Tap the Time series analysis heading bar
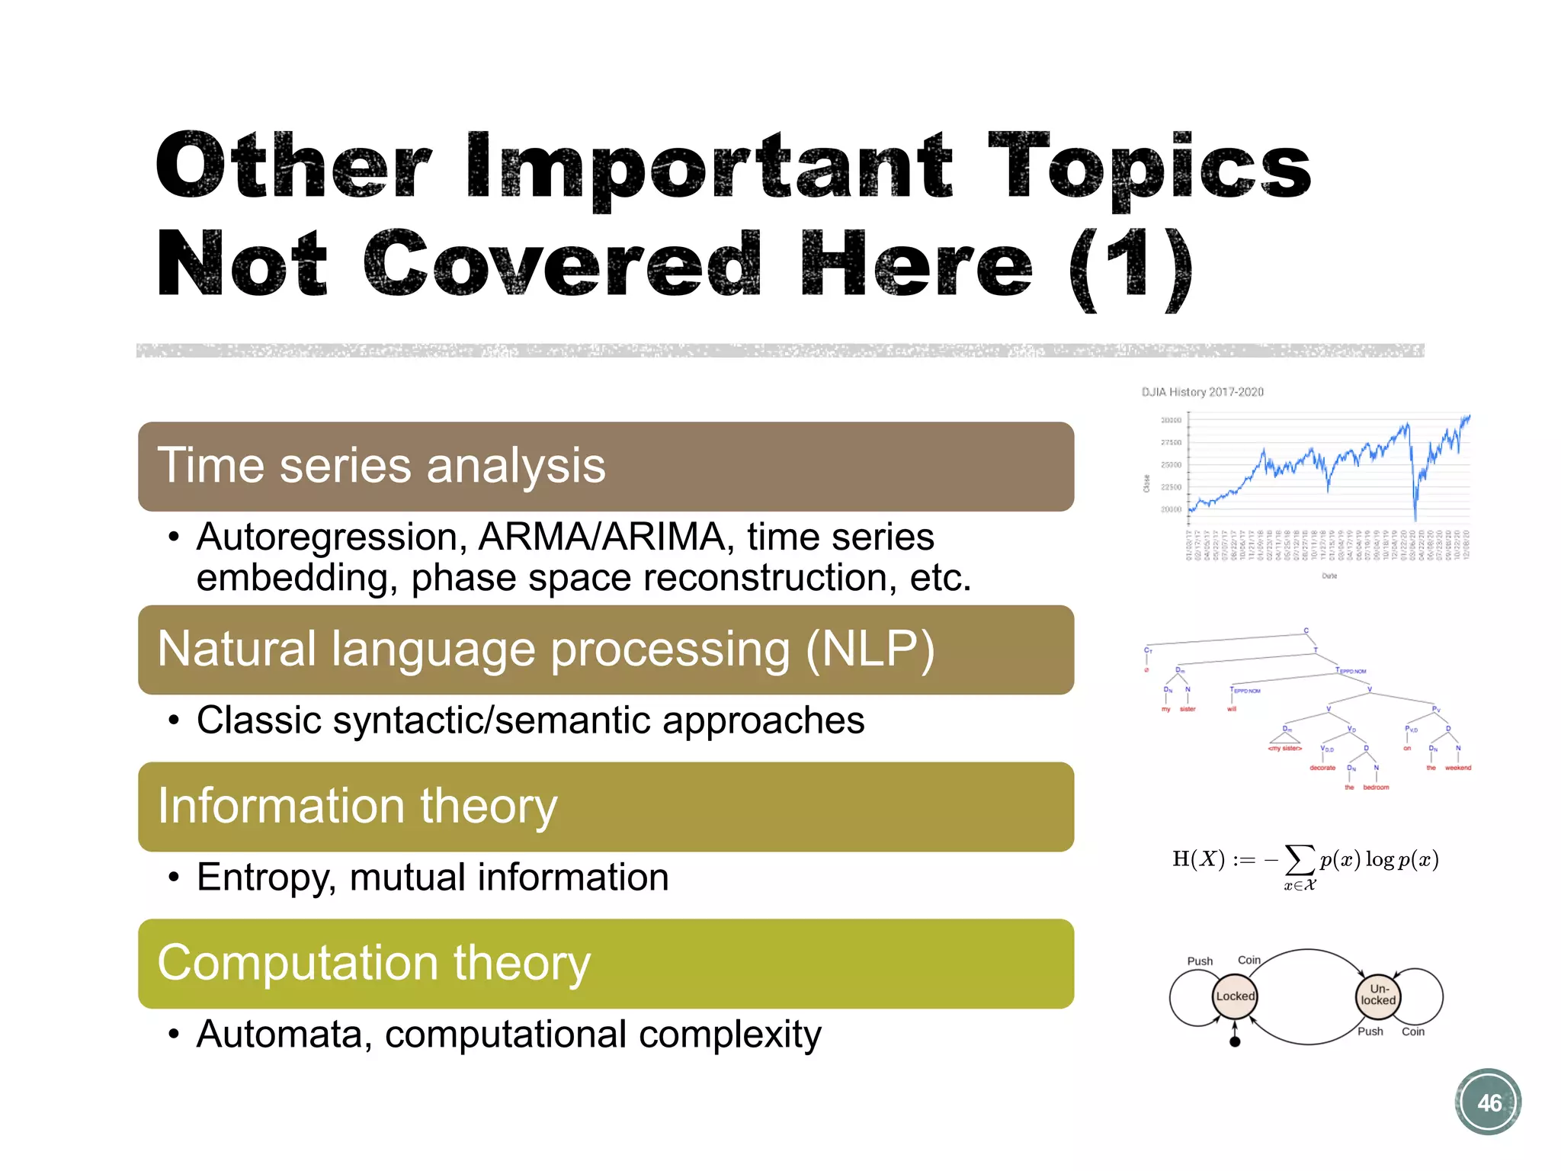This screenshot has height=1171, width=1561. click(x=605, y=467)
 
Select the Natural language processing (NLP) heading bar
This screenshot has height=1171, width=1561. click(x=605, y=650)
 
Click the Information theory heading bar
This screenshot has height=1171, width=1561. click(x=605, y=807)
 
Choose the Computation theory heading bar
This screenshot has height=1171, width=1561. click(x=605, y=964)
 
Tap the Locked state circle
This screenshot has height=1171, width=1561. click(x=1235, y=996)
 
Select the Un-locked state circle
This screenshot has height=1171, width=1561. click(x=1378, y=995)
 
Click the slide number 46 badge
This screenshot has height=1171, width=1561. click(x=1489, y=1102)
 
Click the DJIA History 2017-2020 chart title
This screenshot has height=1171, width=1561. click(x=1202, y=392)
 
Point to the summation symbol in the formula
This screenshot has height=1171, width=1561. click(x=1300, y=859)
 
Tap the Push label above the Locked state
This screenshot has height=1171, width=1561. click(x=1200, y=961)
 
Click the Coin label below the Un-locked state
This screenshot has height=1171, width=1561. click(x=1412, y=1031)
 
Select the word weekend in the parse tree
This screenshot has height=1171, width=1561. click(x=1457, y=768)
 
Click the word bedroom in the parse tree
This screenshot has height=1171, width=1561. click(x=1376, y=788)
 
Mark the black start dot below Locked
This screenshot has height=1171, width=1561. click(x=1235, y=1041)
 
